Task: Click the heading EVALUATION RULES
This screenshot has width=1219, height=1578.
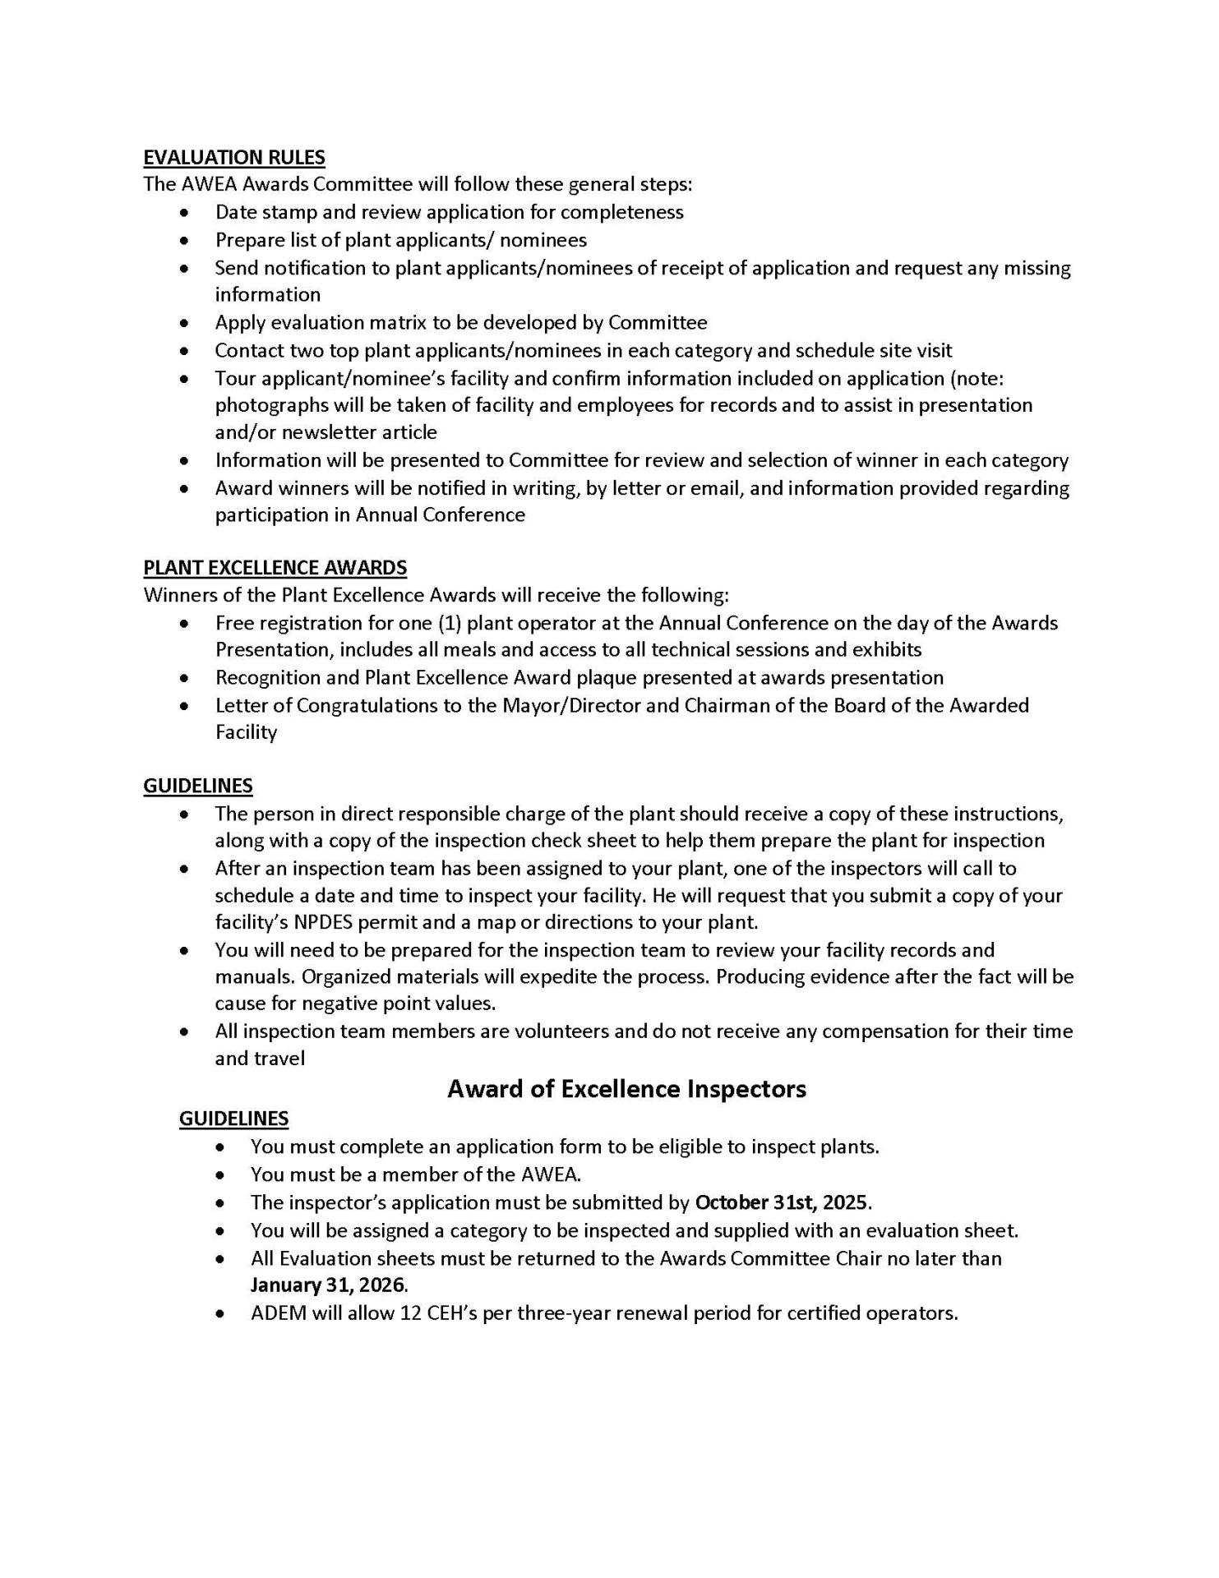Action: [234, 157]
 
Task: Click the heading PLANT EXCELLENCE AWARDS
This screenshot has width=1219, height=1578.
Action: [275, 568]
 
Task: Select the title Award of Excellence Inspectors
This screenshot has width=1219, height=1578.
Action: [626, 1089]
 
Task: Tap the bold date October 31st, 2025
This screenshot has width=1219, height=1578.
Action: [781, 1202]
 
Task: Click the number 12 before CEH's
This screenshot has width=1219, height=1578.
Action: [410, 1313]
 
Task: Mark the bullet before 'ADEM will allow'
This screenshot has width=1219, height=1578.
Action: [220, 1314]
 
